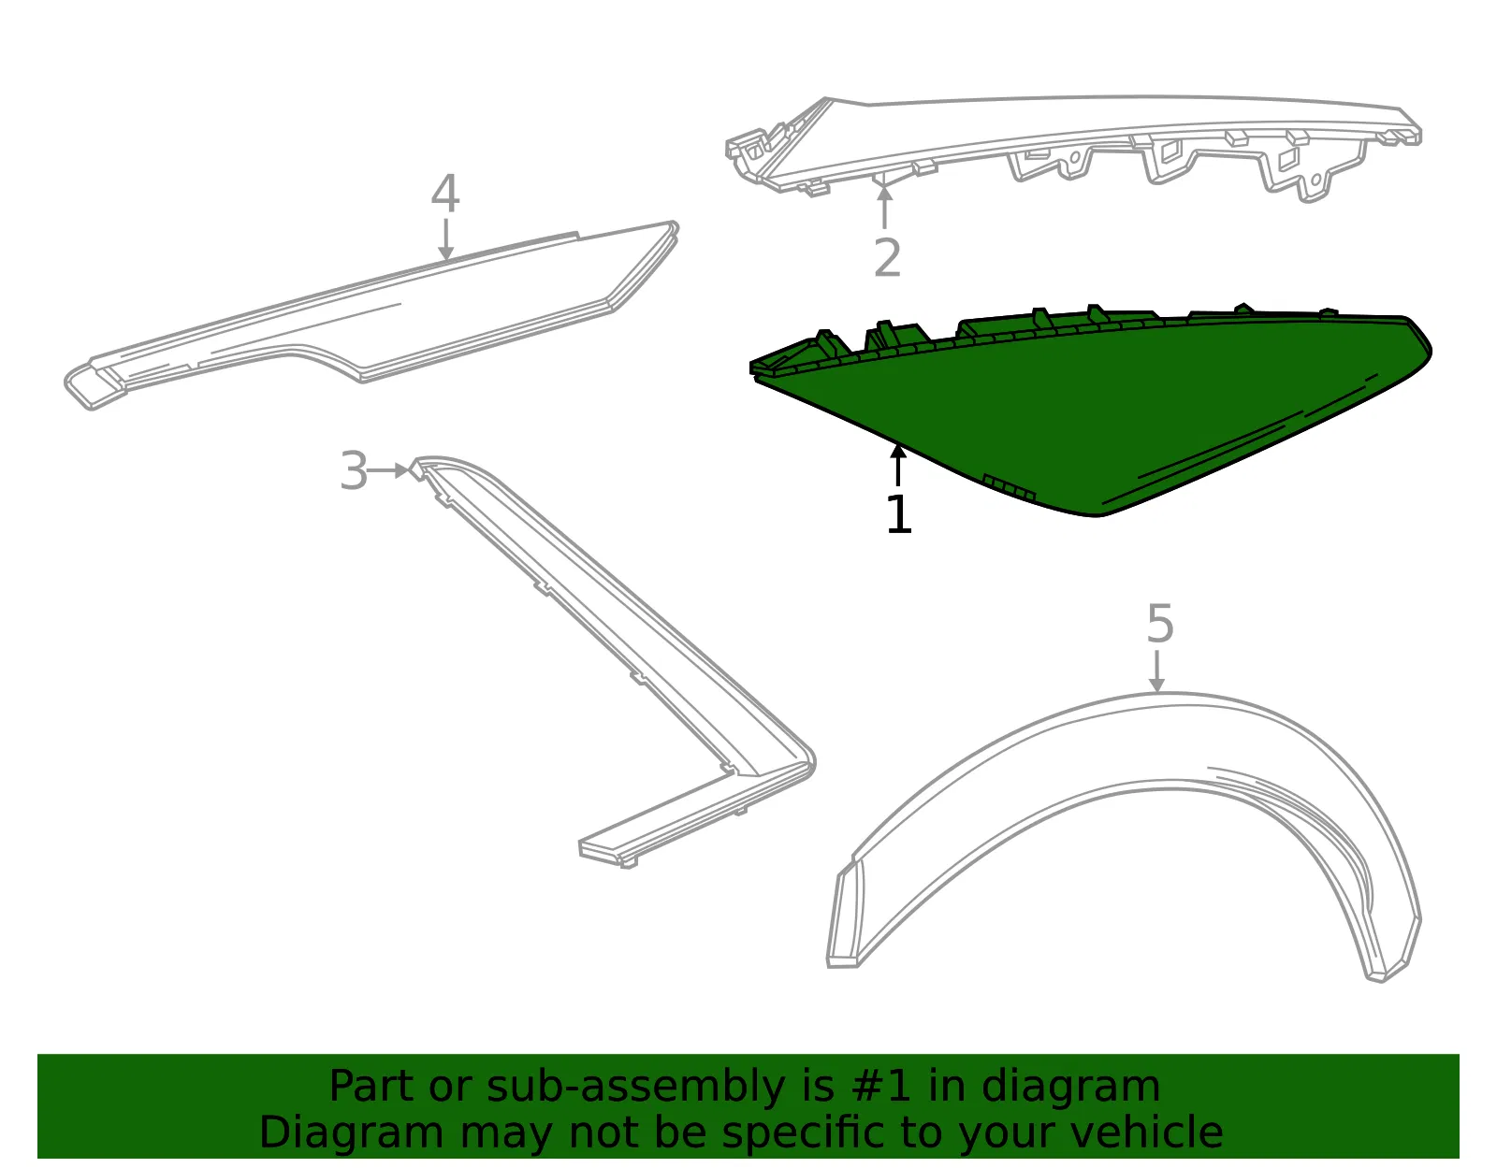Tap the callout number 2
click(x=887, y=257)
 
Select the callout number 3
click(x=354, y=470)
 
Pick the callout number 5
click(x=1160, y=624)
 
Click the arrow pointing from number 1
click(x=897, y=466)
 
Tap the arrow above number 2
click(x=884, y=207)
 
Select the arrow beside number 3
click(x=388, y=470)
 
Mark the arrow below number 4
click(x=446, y=238)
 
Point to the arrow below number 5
click(x=1157, y=671)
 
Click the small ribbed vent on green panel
click(x=1010, y=487)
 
